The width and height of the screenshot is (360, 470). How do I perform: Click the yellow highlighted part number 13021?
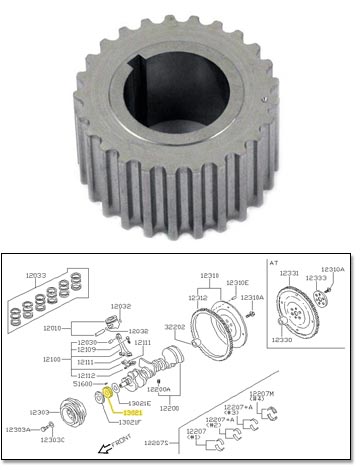(133, 410)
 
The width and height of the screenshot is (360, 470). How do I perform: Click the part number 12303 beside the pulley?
(40, 411)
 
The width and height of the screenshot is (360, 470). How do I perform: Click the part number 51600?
(85, 383)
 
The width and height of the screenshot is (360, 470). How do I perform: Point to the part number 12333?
(314, 279)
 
